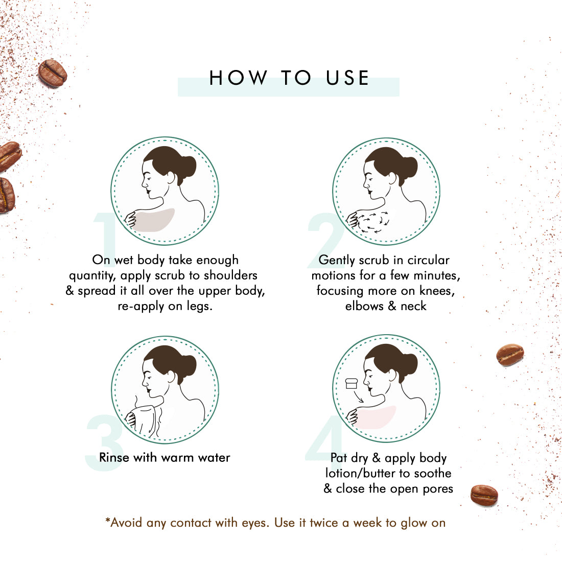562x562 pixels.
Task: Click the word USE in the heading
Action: click(x=347, y=78)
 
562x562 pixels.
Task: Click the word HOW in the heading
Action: click(x=239, y=78)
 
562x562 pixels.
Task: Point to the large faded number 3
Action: click(x=104, y=442)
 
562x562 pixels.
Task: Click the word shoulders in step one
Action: click(x=230, y=275)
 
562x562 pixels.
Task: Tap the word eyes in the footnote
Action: click(x=255, y=523)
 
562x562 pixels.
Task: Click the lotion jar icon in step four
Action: click(x=352, y=384)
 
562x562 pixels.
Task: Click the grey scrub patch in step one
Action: click(x=155, y=220)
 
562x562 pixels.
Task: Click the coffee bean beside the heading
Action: click(x=53, y=73)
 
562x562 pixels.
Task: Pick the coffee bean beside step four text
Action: click(x=484, y=495)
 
